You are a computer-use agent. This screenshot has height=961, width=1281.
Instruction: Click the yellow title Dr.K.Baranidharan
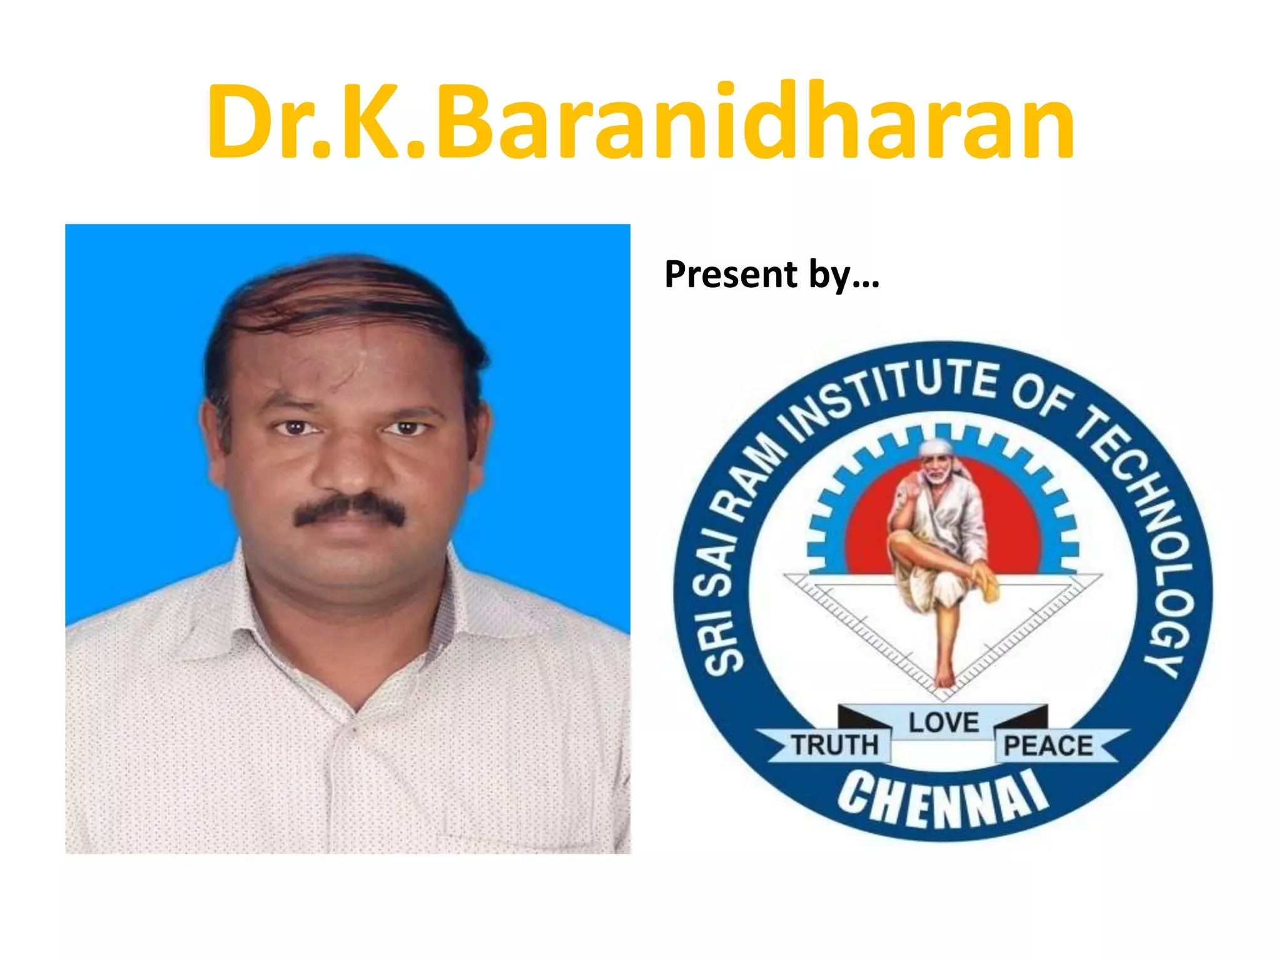[640, 122]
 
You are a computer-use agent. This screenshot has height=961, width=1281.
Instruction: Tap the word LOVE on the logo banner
[943, 722]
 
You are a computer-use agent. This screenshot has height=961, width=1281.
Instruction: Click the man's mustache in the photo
[350, 508]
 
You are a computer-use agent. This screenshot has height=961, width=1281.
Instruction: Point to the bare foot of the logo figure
[944, 679]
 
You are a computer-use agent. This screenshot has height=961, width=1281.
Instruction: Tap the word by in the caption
[829, 275]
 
